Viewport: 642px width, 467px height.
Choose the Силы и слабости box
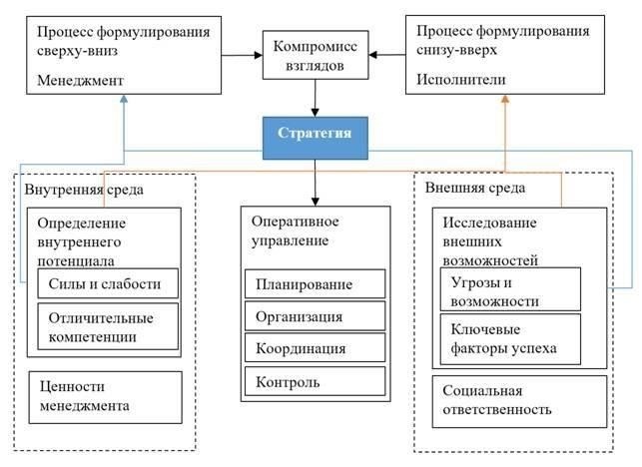point(105,283)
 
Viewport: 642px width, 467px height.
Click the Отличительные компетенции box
point(105,326)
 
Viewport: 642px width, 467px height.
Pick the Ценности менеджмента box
point(105,395)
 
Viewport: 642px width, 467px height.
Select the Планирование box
point(313,283)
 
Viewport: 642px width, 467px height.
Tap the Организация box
point(313,316)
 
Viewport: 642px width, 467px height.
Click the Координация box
point(313,348)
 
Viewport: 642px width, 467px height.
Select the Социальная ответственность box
point(519,399)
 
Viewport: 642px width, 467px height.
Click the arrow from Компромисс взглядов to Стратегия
point(316,99)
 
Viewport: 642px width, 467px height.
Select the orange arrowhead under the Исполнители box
point(504,100)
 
